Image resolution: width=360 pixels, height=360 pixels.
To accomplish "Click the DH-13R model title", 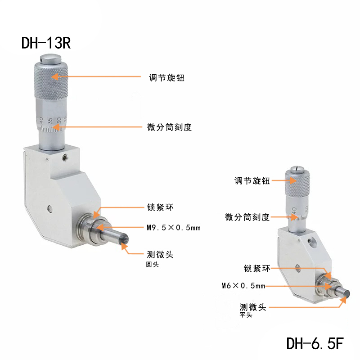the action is tap(46, 43).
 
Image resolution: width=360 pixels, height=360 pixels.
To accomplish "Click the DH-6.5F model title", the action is tap(315, 343).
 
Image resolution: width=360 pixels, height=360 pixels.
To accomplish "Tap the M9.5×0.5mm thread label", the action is tap(174, 228).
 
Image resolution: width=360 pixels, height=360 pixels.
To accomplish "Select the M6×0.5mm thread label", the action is tap(243, 286).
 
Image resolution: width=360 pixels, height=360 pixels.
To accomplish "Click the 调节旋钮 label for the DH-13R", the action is tap(166, 77).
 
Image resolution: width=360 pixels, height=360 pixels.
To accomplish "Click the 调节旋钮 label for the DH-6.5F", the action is tap(252, 181).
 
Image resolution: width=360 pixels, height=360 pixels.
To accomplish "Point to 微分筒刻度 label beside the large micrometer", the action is tap(169, 127).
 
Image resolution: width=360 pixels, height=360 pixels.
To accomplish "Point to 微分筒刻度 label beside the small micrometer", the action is tap(247, 217).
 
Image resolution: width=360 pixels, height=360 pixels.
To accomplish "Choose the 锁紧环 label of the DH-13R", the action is tap(160, 207).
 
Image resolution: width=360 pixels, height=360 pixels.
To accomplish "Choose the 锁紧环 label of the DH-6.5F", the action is tap(257, 268).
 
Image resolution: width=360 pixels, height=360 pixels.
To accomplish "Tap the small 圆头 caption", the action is tap(152, 265).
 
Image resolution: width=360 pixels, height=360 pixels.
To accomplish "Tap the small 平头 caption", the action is tap(246, 315).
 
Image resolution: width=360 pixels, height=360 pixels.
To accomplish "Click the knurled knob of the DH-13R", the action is tap(51, 80).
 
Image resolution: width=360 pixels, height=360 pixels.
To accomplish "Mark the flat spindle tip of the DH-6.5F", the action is tap(346, 294).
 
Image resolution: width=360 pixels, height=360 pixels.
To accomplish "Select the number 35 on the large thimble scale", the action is tap(50, 121).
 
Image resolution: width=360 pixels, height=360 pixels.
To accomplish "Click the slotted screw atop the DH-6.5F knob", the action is tap(297, 169).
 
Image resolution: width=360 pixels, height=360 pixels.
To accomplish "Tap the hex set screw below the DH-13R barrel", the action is tap(65, 157).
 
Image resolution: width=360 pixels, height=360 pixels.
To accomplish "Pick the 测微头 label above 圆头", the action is tap(160, 254).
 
